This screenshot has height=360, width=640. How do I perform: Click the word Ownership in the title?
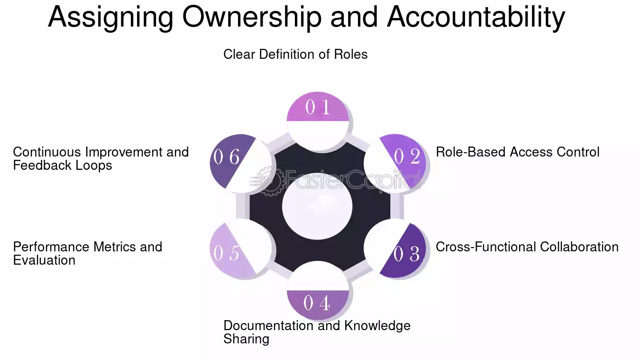[252, 17]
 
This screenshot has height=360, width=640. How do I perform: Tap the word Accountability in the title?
[475, 17]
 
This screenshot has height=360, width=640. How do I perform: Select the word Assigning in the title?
[110, 17]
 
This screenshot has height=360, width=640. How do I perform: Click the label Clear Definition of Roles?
[295, 55]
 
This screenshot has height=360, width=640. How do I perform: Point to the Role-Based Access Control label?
[517, 152]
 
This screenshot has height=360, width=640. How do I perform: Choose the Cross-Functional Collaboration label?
[527, 247]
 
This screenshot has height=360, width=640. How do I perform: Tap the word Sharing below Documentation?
[246, 340]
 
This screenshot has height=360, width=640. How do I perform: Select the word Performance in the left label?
[51, 247]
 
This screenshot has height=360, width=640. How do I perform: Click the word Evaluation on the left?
[44, 260]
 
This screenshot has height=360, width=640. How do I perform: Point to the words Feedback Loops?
[63, 166]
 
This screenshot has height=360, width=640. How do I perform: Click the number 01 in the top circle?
[318, 107]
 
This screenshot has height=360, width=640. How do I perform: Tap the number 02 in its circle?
[407, 156]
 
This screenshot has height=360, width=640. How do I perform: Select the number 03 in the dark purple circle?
[407, 254]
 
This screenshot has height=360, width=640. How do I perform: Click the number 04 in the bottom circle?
[317, 303]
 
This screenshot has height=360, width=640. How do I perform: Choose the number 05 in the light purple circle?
[226, 253]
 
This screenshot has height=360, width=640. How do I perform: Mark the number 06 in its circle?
[226, 157]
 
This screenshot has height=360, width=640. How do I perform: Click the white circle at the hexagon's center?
[317, 206]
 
